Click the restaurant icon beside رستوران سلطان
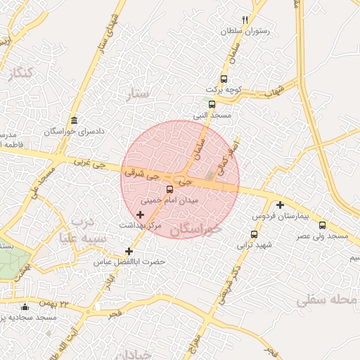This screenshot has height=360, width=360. pyautogui.click(x=245, y=20)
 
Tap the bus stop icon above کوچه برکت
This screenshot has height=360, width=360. pyautogui.click(x=224, y=79)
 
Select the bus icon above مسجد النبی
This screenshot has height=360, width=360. pyautogui.click(x=212, y=104)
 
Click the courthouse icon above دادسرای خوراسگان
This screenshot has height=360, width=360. pyautogui.click(x=75, y=120)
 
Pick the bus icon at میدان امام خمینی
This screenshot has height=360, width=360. pyautogui.click(x=169, y=189)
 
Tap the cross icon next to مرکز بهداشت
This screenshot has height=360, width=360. pyautogui.click(x=141, y=213)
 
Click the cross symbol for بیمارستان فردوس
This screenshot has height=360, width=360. pyautogui.click(x=280, y=205)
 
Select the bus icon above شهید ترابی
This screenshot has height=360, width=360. pyautogui.click(x=254, y=234)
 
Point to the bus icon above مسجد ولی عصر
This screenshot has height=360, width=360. pyautogui.click(x=323, y=225)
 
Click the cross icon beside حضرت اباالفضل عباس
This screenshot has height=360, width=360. pyautogui.click(x=128, y=251)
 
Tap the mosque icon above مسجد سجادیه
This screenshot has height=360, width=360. pyautogui.click(x=25, y=307)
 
